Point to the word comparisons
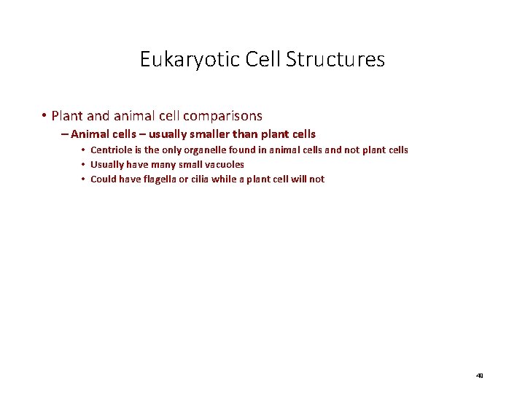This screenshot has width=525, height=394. coord(222,115)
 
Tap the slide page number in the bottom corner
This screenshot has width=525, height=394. coord(479,376)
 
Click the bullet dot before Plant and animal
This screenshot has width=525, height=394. coord(44,115)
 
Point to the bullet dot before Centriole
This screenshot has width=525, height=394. coord(84,150)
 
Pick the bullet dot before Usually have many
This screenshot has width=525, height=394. coord(84,165)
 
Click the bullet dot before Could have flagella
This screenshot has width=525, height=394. coord(84,179)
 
